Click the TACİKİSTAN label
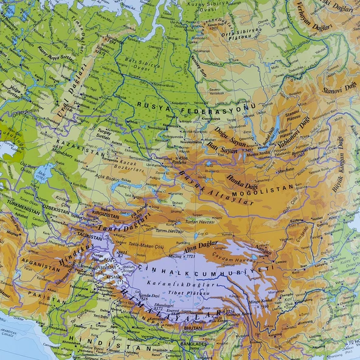(89, 237)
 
